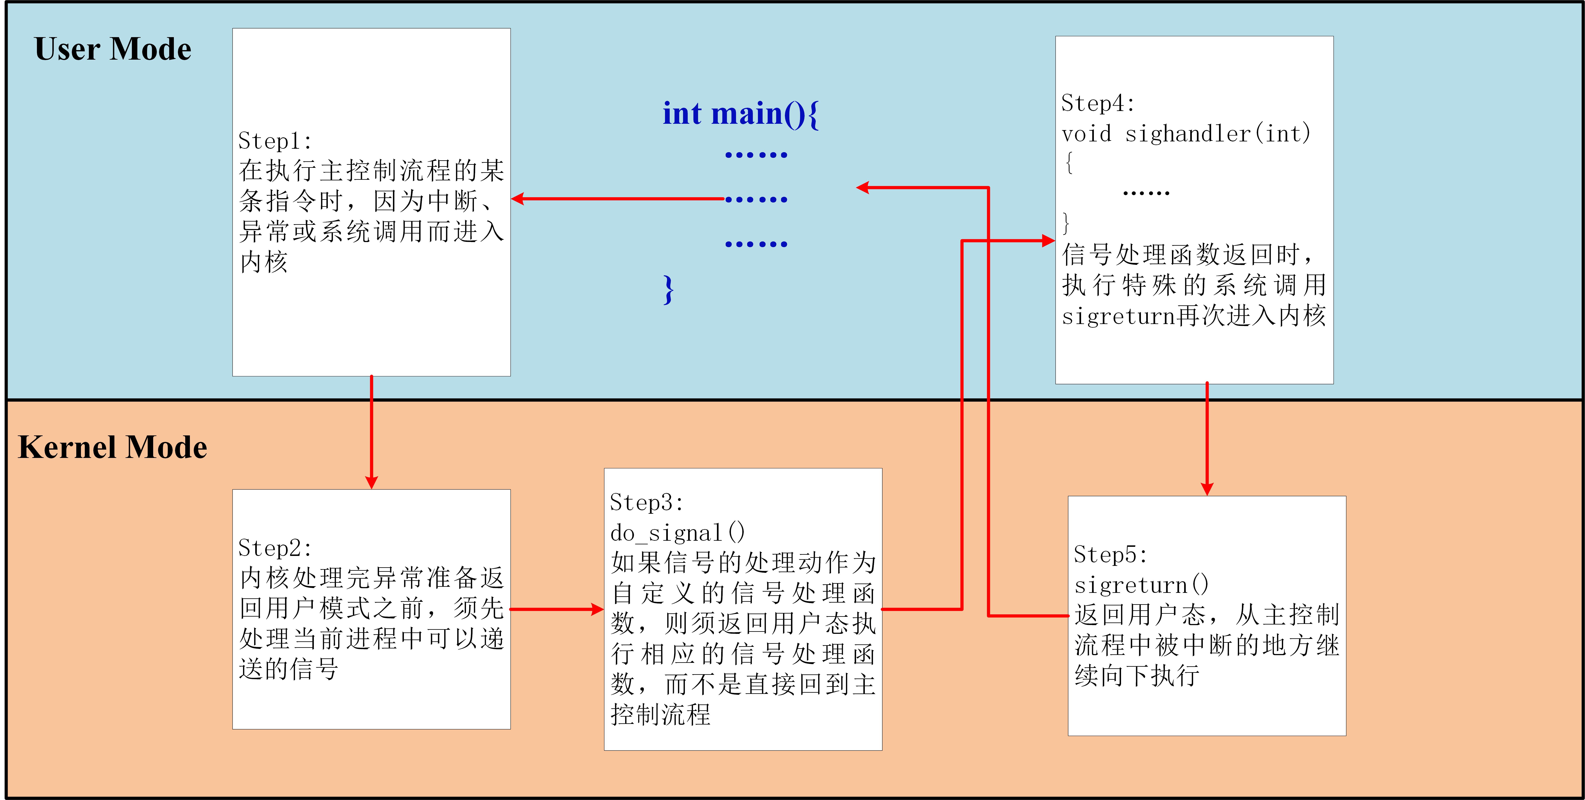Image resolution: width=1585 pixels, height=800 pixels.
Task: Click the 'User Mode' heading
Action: (x=113, y=49)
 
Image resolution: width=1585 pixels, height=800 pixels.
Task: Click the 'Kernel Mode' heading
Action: (x=113, y=447)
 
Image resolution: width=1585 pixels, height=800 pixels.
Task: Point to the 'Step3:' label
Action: (x=646, y=503)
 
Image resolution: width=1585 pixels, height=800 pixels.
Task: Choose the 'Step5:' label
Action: (x=1110, y=555)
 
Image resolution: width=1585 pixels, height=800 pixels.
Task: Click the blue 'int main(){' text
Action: (x=740, y=114)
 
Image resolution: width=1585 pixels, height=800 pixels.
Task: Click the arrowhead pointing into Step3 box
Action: (x=597, y=609)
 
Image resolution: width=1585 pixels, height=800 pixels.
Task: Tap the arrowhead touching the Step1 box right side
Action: (x=518, y=199)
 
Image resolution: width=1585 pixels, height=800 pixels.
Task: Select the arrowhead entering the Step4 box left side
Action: (x=1048, y=241)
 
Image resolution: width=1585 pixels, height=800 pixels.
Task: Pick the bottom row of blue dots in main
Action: (x=756, y=244)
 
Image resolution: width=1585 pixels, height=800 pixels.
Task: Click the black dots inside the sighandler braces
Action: (x=1146, y=193)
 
